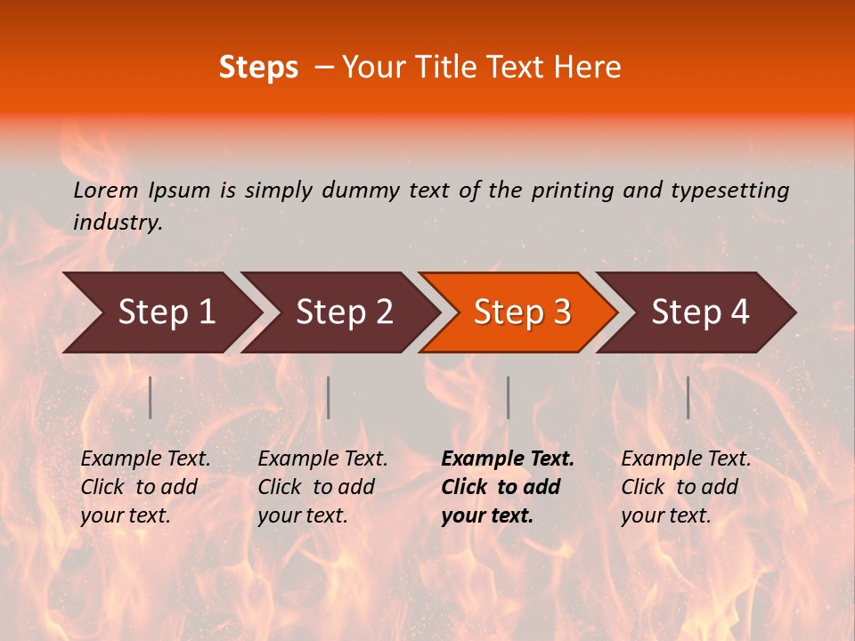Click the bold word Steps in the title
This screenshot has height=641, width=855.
point(258,68)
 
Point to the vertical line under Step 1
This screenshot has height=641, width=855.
point(151,397)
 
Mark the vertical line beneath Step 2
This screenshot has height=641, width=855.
point(329,397)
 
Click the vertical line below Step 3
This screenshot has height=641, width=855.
point(508,397)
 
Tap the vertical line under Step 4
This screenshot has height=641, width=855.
point(688,397)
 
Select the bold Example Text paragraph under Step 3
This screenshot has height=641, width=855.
point(508,487)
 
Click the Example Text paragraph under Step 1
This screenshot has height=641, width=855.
point(145,487)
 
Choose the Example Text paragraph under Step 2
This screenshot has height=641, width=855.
point(322,487)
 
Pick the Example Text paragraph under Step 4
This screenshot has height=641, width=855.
point(686,487)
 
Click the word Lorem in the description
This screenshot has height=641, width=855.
point(106,191)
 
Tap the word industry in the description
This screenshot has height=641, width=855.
point(117,223)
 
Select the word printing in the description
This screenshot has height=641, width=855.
point(574,191)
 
